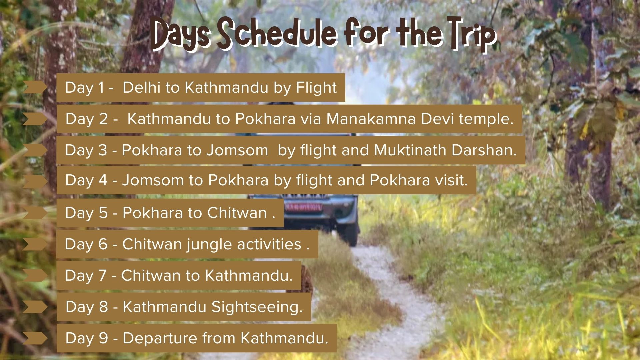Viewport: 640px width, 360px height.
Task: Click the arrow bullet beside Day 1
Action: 35,87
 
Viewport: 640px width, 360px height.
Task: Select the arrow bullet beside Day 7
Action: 35,275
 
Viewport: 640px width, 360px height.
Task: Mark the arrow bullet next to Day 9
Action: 35,338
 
